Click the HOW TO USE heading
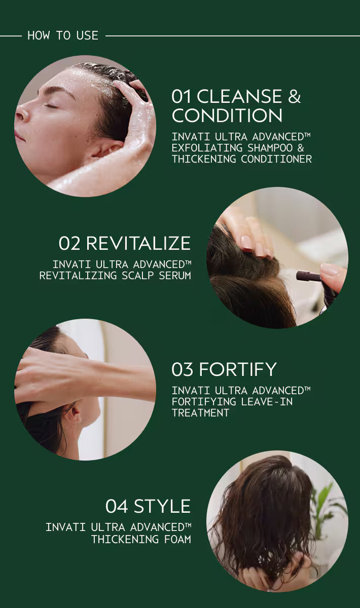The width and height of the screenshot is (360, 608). point(63,35)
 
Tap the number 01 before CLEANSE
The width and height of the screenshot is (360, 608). point(181,96)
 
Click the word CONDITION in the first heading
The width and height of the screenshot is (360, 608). point(227,116)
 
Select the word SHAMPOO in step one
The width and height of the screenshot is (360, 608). point(270,148)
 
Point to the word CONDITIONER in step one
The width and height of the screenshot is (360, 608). point(276,159)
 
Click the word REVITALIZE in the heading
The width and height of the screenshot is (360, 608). point(138,243)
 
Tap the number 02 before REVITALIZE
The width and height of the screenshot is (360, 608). point(69,243)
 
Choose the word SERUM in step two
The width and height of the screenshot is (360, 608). point(175,276)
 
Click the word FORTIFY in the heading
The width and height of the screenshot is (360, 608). point(238,369)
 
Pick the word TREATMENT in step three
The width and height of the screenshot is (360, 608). point(200,413)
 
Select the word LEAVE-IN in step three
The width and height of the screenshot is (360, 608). point(267,402)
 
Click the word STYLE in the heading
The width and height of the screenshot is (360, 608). point(162,507)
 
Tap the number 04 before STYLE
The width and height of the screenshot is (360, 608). point(117,507)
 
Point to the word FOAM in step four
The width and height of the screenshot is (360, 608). point(177,539)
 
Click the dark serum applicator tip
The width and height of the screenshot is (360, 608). point(309,276)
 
